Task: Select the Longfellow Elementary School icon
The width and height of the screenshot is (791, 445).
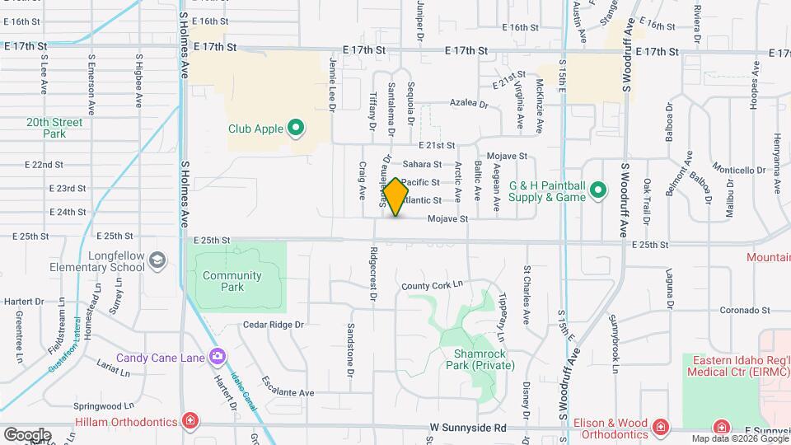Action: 156,261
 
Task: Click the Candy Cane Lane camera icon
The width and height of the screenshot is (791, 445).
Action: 218,357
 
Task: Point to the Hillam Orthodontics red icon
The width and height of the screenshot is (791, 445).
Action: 191,422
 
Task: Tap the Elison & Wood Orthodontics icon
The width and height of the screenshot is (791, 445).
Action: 660,426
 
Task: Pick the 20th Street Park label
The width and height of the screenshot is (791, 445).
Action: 54,127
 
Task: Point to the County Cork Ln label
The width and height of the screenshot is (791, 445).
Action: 432,285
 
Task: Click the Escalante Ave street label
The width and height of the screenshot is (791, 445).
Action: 288,387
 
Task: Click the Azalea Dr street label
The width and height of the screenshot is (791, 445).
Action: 469,104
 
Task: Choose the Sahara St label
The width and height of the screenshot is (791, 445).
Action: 422,165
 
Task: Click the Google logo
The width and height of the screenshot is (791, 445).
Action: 27,434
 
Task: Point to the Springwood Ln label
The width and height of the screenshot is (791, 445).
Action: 104,406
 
